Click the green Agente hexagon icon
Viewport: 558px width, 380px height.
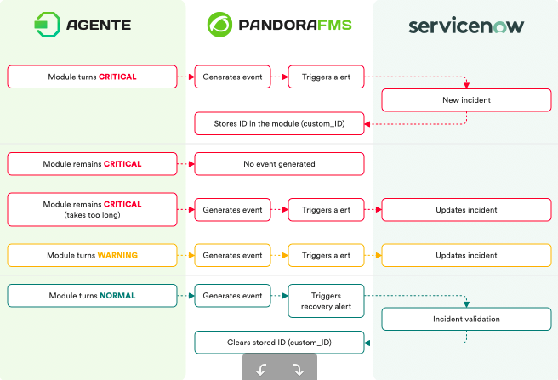(47, 25)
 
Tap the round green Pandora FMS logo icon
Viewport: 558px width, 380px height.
(219, 25)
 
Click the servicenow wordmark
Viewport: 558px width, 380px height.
(466, 26)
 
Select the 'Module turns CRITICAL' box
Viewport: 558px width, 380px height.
(92, 77)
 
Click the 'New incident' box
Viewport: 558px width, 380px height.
(466, 100)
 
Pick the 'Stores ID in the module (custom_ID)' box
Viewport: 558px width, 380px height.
(279, 123)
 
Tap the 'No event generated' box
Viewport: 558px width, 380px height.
(279, 164)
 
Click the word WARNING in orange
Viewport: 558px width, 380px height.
(117, 255)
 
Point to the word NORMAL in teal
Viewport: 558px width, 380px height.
(117, 296)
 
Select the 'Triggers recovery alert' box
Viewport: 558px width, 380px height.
(326, 301)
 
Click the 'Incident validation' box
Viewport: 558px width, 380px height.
(466, 319)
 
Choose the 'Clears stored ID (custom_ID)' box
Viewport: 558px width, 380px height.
(279, 343)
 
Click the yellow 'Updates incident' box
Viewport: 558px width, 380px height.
(466, 255)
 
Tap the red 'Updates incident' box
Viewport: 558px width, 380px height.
(466, 210)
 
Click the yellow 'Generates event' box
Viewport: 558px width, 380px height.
(232, 255)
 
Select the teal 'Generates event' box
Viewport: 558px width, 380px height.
(232, 296)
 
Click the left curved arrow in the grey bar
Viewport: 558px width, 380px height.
(261, 370)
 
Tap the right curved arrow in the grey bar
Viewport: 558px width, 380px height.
(299, 370)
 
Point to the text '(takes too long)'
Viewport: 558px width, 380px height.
(92, 215)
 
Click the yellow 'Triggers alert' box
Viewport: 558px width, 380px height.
(326, 255)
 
